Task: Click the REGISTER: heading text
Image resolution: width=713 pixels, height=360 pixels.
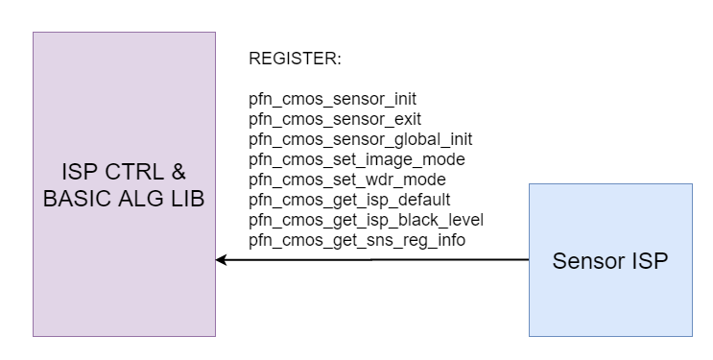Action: pos(295,60)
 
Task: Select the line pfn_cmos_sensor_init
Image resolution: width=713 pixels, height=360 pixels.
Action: pos(332,99)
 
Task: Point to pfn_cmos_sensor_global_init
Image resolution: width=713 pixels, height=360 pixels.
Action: pos(361,139)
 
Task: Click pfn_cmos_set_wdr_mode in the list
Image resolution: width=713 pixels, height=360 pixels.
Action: pos(346,180)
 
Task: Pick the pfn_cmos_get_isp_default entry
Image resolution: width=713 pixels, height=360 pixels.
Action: pos(349,200)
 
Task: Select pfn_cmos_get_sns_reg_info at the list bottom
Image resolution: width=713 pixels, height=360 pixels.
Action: pos(357,240)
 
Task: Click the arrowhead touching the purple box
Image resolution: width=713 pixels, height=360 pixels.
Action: pos(222,259)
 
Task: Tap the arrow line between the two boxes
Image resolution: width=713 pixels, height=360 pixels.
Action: pos(374,259)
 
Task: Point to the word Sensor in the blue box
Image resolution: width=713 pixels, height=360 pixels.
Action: pos(584,260)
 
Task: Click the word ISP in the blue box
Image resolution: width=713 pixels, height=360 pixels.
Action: pos(650,260)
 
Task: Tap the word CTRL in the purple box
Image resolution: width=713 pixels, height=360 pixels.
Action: pos(131,174)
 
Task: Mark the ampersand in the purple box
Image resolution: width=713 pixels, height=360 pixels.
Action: pos(178,174)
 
